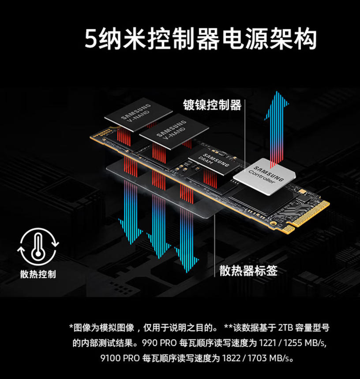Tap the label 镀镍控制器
pyautogui.click(x=212, y=105)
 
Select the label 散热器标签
pyautogui.click(x=248, y=270)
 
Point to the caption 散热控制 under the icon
pyautogui.click(x=38, y=274)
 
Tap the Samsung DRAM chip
pyautogui.click(x=210, y=163)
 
